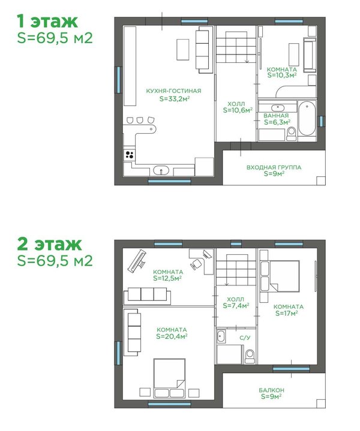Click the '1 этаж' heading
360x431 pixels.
(47, 21)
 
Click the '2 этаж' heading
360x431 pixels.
(49, 244)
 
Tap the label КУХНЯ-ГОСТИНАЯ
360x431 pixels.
(173, 91)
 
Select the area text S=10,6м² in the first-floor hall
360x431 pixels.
(238, 110)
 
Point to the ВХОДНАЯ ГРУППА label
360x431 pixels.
(274, 167)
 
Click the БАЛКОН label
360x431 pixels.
(271, 390)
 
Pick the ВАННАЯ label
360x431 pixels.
(276, 116)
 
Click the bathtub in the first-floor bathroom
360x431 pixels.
(307, 119)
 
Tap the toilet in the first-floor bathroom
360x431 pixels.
(291, 134)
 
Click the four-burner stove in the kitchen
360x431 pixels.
(130, 155)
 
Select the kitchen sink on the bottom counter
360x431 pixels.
(161, 170)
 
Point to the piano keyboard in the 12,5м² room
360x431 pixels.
(137, 261)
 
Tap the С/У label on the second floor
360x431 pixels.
(245, 337)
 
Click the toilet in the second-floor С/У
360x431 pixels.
(250, 356)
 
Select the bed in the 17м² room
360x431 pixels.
(284, 276)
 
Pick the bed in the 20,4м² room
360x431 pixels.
(169, 378)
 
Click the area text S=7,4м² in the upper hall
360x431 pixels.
(236, 305)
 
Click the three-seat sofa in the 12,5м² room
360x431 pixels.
(147, 296)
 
